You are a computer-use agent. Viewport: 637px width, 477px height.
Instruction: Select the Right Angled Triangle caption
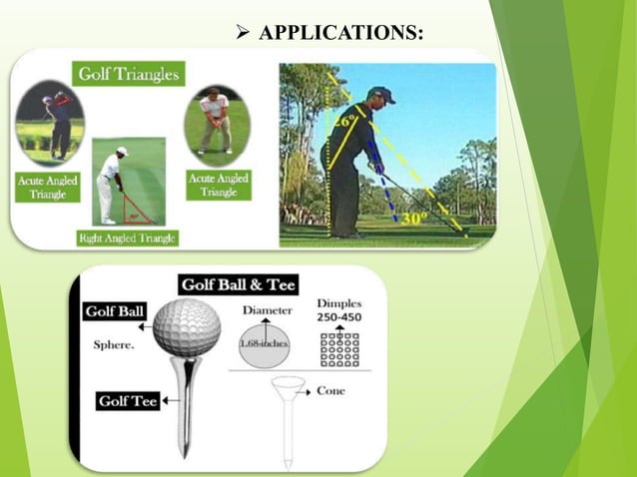[x=127, y=238]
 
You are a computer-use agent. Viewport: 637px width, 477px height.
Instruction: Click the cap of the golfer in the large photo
[x=380, y=95]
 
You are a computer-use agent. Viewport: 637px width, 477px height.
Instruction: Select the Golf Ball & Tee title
[x=238, y=285]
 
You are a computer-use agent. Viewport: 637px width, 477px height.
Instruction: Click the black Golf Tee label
[x=128, y=401]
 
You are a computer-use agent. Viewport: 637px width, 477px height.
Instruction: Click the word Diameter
[x=267, y=310]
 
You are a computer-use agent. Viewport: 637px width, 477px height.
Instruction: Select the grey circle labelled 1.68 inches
[x=267, y=345]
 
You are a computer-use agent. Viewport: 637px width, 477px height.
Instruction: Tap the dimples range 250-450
[x=338, y=316]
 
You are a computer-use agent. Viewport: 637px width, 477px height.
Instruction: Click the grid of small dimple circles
[x=338, y=347]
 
